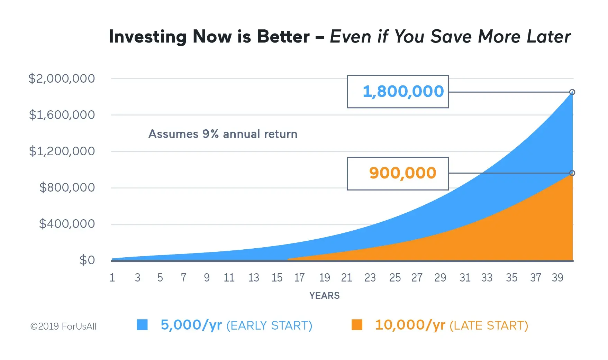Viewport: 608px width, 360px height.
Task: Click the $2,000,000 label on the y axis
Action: pos(62,79)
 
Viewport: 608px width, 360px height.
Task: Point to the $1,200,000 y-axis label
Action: pos(62,151)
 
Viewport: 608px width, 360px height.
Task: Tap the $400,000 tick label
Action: pos(67,224)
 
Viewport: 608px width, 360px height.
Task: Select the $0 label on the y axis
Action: pos(87,260)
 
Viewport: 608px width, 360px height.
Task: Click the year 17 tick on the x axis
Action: pos(299,278)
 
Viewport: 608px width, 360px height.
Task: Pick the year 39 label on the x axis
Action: pos(557,278)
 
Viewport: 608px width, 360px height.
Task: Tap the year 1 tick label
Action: pos(112,278)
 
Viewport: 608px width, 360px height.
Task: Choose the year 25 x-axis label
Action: pos(395,278)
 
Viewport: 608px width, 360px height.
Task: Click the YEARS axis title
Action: pos(325,296)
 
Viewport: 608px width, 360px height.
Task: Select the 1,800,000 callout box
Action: pos(398,91)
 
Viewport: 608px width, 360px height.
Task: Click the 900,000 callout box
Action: pos(398,173)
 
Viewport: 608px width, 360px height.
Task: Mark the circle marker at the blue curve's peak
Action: pos(572,92)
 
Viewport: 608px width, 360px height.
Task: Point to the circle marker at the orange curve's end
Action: pos(572,173)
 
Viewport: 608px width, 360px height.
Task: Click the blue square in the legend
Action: pos(142,325)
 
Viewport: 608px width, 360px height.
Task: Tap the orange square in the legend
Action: pos(357,325)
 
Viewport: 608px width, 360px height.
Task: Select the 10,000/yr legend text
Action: pos(410,325)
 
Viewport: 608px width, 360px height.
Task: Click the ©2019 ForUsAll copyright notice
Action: pos(63,326)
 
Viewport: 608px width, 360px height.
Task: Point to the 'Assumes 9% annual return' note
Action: pos(223,134)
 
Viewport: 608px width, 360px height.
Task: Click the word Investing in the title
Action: pos(148,37)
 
